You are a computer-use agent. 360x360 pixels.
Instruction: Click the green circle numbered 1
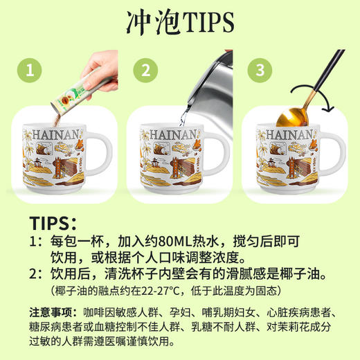[29, 70]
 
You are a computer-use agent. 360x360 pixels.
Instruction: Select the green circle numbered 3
[260, 70]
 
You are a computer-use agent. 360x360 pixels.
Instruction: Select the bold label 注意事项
[51, 312]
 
